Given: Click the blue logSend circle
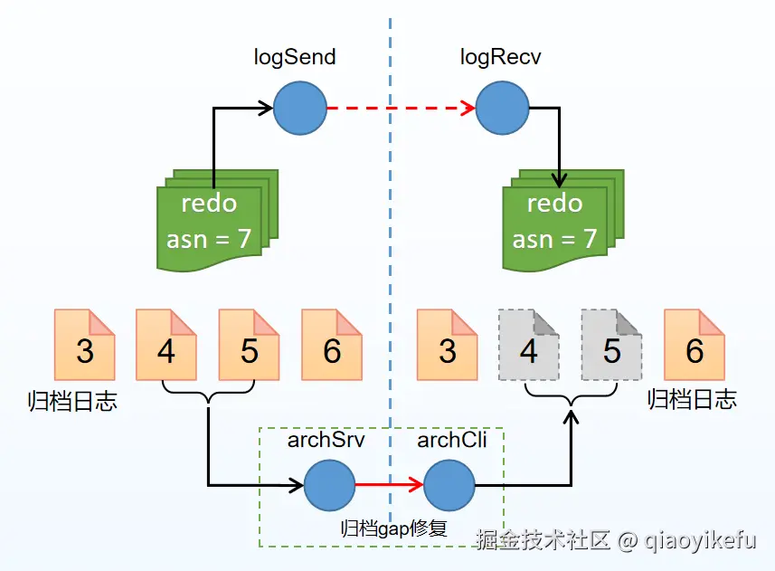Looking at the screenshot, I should pos(300,109).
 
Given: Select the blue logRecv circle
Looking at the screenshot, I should pos(502,109).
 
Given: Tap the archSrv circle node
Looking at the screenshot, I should pos(329,485).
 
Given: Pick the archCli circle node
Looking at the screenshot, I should pos(449,485).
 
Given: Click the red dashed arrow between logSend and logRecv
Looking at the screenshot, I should pos(401,109).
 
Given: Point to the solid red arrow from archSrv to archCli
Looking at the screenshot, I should pos(389,485).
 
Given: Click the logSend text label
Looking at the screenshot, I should pos(295,58).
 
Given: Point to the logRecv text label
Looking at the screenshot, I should pos(500,58).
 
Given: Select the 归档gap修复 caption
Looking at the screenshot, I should pos(393,528).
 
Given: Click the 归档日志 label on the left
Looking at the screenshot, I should pos(72,401).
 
